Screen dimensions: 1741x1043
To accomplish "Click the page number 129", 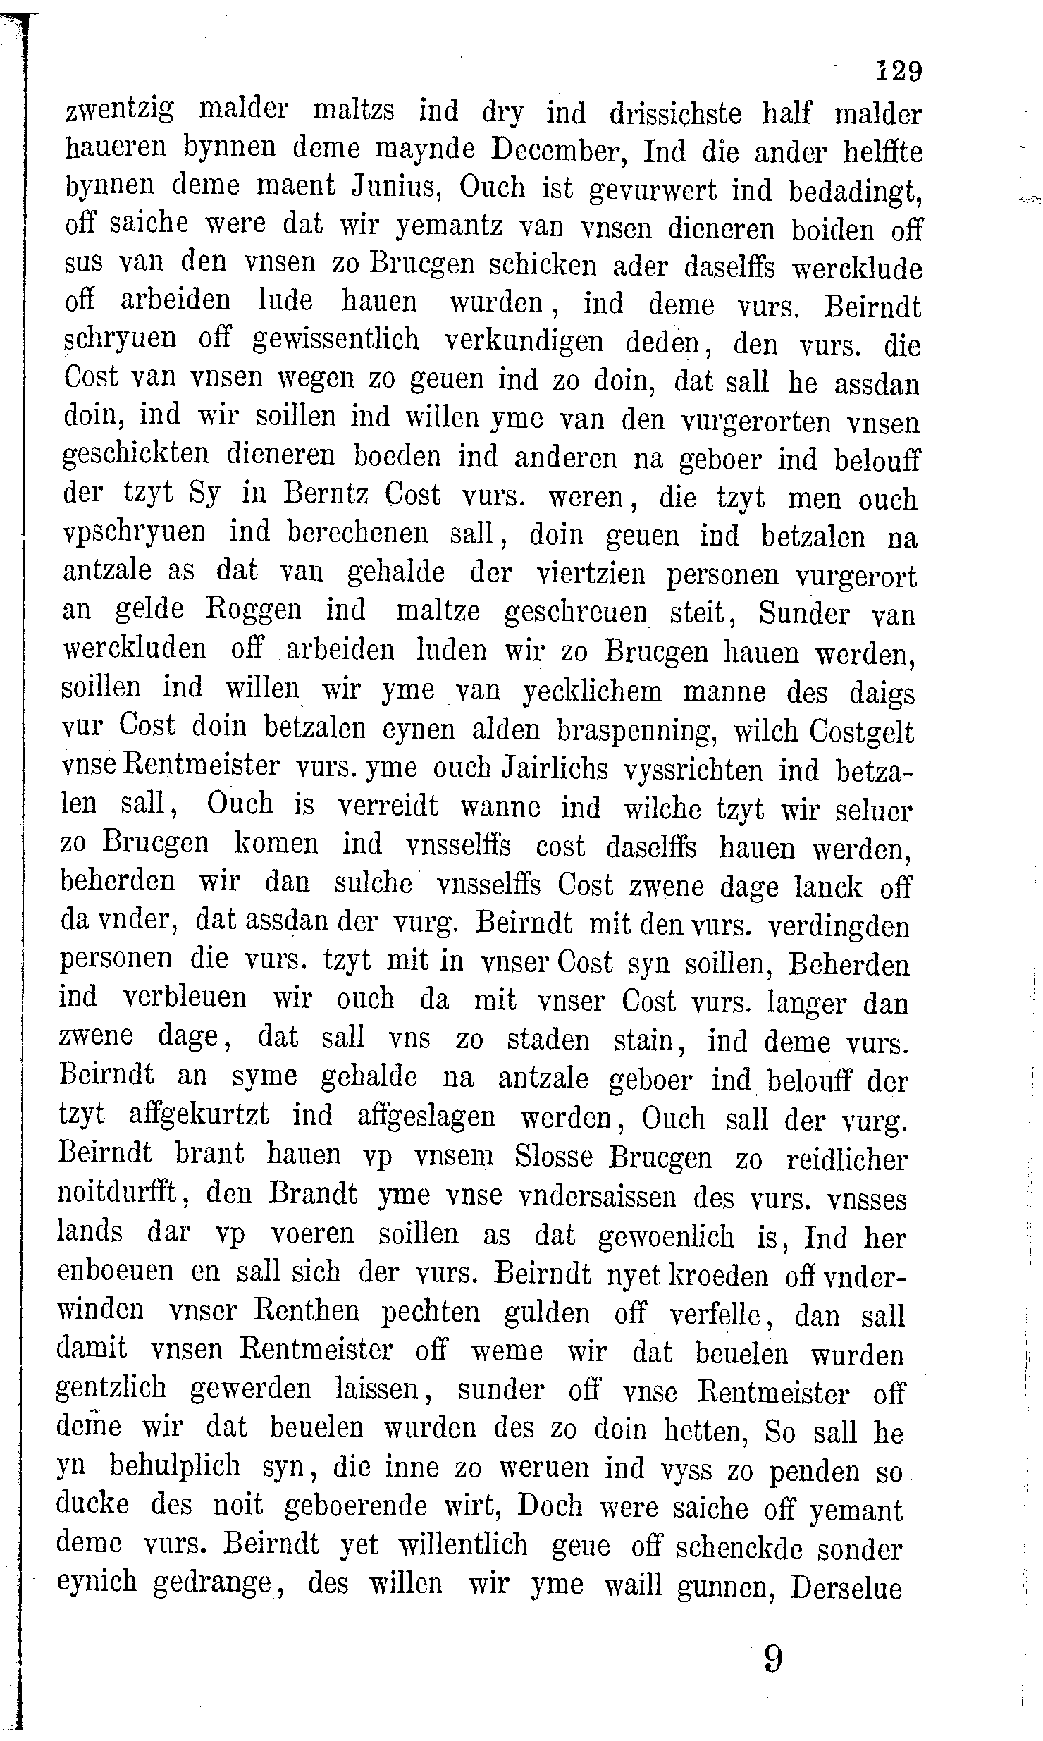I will [898, 71].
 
